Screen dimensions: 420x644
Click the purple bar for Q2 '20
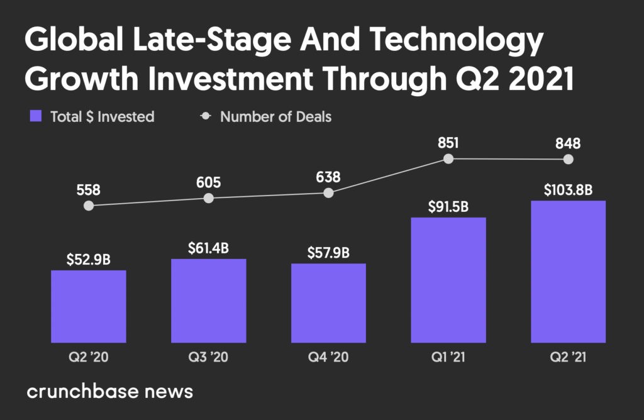(x=89, y=306)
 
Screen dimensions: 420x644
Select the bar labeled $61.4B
(x=208, y=301)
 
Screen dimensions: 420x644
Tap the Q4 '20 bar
(x=328, y=303)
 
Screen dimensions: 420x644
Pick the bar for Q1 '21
(x=448, y=280)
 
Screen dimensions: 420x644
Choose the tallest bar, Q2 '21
(x=568, y=272)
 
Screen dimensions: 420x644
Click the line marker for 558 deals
(x=89, y=206)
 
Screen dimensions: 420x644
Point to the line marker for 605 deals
(x=209, y=198)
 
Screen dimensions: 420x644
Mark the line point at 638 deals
(x=328, y=193)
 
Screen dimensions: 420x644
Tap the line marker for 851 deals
(x=448, y=159)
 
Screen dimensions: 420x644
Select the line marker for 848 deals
(x=569, y=160)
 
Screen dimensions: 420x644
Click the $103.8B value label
(x=568, y=189)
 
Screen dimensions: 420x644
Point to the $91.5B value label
(x=448, y=206)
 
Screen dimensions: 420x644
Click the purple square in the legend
(x=36, y=116)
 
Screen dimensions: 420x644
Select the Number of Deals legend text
(x=275, y=116)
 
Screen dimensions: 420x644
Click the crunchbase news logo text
(x=109, y=392)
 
